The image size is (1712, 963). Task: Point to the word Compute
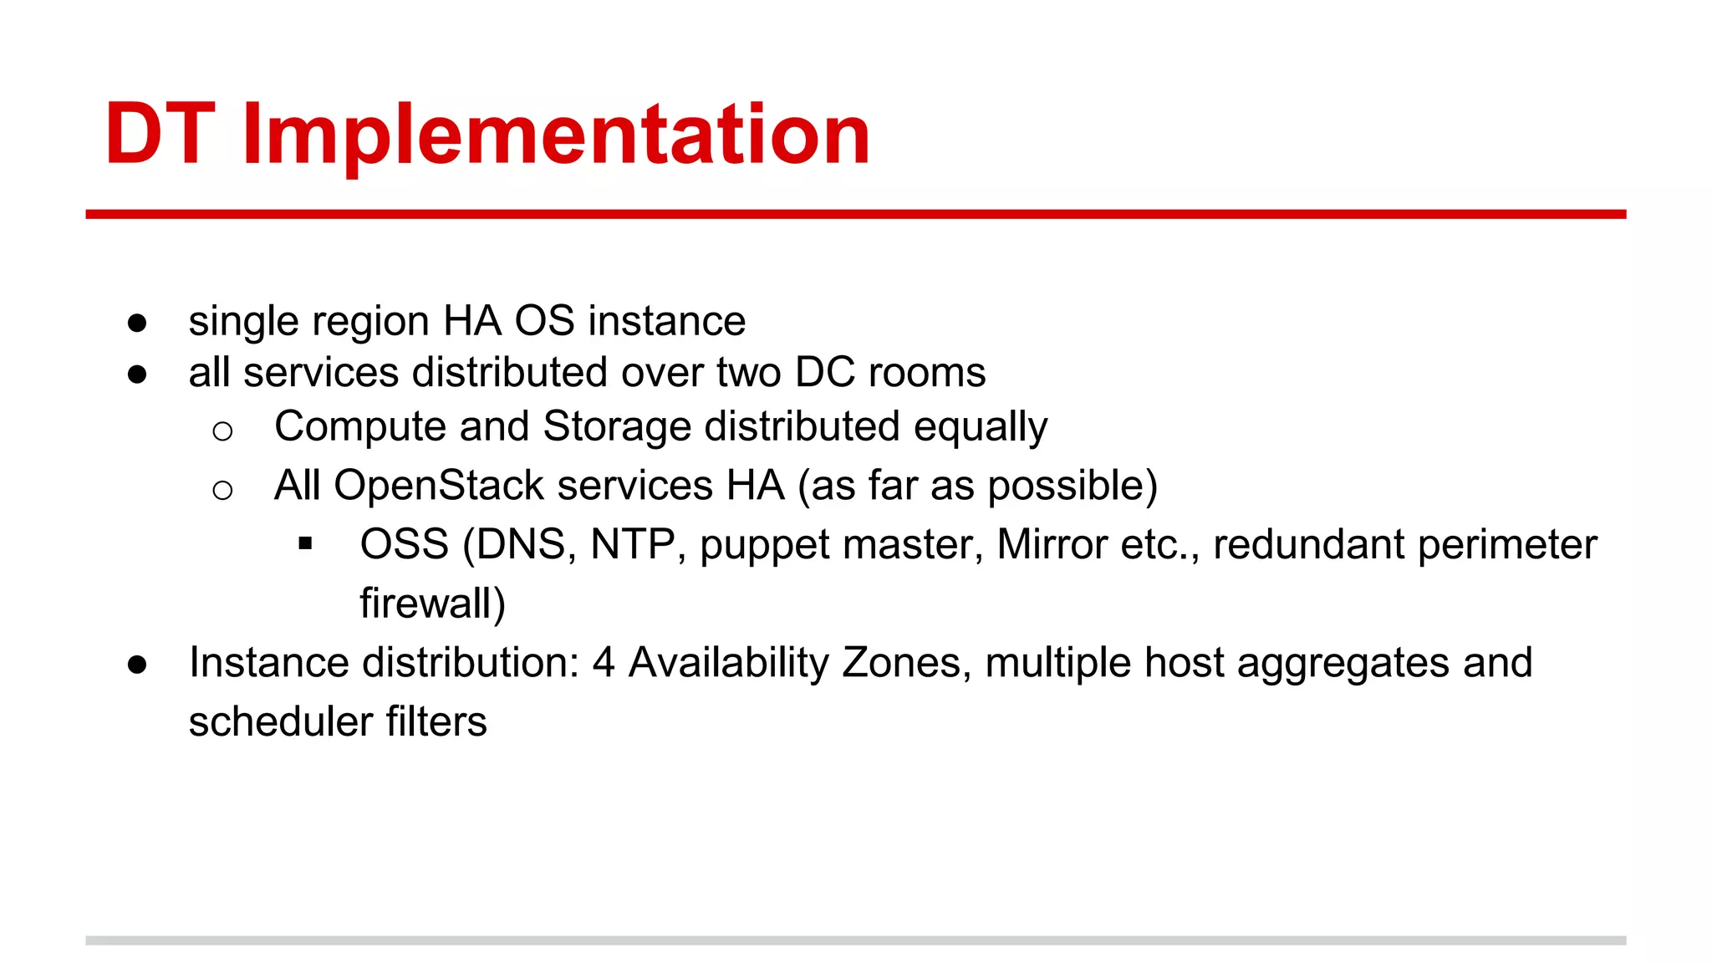coord(359,427)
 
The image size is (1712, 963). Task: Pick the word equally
coord(980,428)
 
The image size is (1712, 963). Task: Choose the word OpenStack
coord(439,486)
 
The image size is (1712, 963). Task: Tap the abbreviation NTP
coord(633,545)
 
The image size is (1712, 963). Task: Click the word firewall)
coord(432,604)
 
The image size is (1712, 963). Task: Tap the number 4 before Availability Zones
coord(604,663)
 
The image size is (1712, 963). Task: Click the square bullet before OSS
coord(305,545)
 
